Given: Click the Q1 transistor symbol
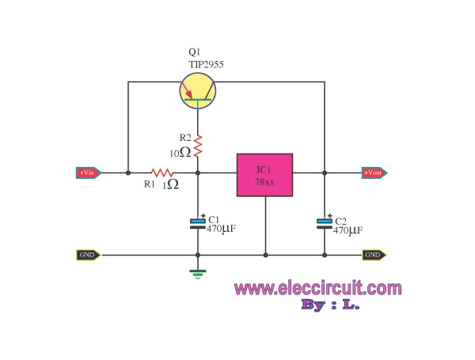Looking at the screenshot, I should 197,92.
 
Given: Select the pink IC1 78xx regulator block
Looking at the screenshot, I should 264,175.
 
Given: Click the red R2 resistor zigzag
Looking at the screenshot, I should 197,144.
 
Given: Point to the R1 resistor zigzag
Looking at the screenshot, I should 162,172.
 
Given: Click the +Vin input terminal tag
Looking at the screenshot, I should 88,172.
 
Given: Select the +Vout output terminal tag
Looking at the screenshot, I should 374,172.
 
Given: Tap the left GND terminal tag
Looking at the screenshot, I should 88,255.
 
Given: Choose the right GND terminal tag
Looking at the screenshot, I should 374,255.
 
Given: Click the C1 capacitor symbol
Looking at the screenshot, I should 197,224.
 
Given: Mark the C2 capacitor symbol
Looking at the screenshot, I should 324,224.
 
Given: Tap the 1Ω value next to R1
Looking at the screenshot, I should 170,185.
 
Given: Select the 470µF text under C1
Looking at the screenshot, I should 222,230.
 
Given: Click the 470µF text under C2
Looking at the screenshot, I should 348,231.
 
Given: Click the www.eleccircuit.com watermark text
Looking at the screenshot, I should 317,289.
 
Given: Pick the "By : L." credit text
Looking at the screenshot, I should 330,305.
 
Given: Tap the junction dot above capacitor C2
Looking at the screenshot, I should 324,172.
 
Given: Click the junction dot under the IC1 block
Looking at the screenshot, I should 265,255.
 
